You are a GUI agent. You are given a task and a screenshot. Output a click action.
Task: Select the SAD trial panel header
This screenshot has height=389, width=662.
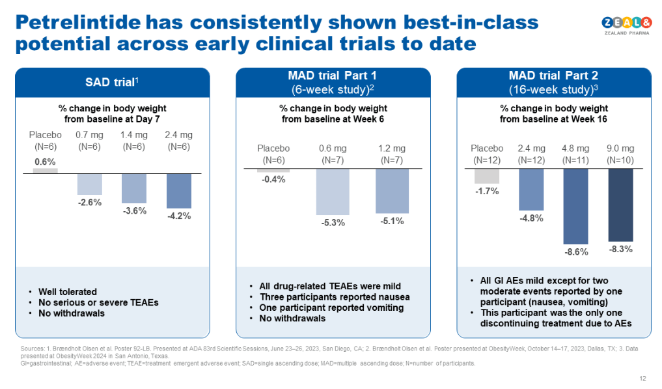pos(112,83)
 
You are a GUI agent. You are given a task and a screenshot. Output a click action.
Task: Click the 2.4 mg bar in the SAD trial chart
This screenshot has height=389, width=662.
pos(179,190)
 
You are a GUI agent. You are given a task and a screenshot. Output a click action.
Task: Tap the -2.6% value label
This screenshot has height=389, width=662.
pos(90,203)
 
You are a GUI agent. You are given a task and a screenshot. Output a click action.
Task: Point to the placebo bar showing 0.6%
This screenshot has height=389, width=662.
pos(45,171)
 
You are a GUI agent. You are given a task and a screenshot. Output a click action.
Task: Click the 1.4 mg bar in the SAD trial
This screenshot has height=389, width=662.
pos(134,188)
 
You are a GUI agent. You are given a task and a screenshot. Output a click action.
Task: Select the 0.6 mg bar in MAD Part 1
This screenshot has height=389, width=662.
pos(334,192)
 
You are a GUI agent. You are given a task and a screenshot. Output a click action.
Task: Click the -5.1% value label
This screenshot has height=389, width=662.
pos(393,222)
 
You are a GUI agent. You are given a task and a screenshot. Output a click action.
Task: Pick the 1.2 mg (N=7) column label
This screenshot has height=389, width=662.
pos(393,154)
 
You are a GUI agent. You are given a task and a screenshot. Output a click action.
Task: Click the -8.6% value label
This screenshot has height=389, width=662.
pos(575,252)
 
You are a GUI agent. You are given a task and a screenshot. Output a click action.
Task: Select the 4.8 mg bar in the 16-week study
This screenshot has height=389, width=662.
pos(575,205)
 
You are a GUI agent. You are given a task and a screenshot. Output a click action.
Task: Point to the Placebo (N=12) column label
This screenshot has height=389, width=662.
pos(486,154)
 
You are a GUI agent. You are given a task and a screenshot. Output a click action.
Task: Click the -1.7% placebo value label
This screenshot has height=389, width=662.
pos(486,192)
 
